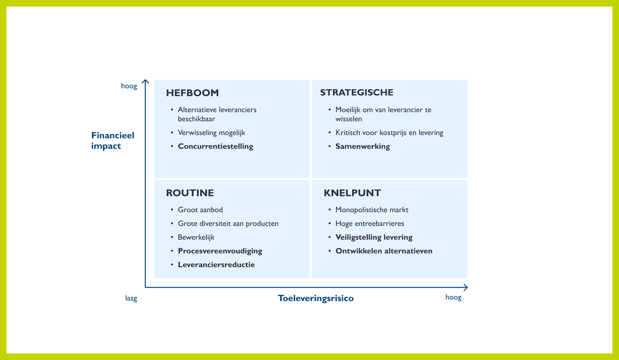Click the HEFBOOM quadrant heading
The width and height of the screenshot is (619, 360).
[x=192, y=93]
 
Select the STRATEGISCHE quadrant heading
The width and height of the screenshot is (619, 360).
[x=356, y=93]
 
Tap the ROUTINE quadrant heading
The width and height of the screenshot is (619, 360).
[x=190, y=193]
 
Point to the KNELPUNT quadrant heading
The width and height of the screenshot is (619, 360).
[x=352, y=193]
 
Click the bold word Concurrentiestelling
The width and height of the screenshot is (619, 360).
[x=215, y=146]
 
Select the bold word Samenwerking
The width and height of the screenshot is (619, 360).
[x=362, y=146]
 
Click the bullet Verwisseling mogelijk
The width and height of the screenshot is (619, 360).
[x=211, y=132]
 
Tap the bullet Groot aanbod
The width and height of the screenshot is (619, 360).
[x=200, y=210]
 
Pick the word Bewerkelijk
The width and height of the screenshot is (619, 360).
[x=196, y=237]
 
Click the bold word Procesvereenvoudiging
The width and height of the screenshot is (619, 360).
[x=220, y=251]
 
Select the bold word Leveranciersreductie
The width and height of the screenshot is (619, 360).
[x=216, y=265]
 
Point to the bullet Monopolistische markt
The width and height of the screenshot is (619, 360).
[x=372, y=210]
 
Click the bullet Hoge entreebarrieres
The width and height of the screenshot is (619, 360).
[x=370, y=223]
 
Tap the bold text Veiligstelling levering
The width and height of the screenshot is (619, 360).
[x=374, y=237]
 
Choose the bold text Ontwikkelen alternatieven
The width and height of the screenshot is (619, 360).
[x=384, y=251]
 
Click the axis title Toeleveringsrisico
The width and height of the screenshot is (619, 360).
[x=316, y=298]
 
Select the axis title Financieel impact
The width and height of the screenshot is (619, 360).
[x=112, y=141]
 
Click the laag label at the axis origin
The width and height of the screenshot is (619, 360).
[x=131, y=298]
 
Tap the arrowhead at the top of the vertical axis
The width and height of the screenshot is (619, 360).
[x=145, y=81]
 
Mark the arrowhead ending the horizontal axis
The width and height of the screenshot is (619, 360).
[x=466, y=287]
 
